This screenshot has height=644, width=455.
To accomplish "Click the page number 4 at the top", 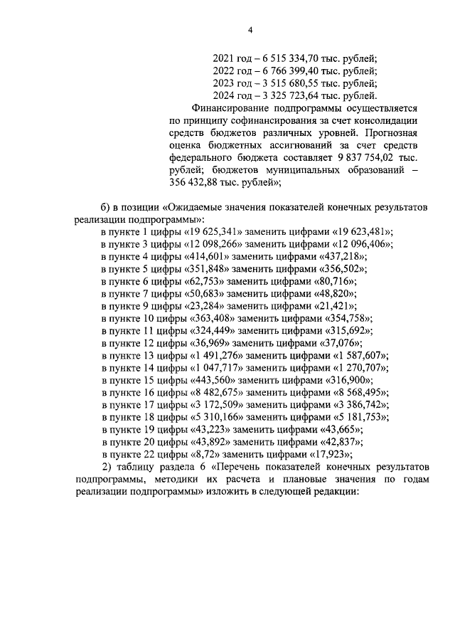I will [250, 29].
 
